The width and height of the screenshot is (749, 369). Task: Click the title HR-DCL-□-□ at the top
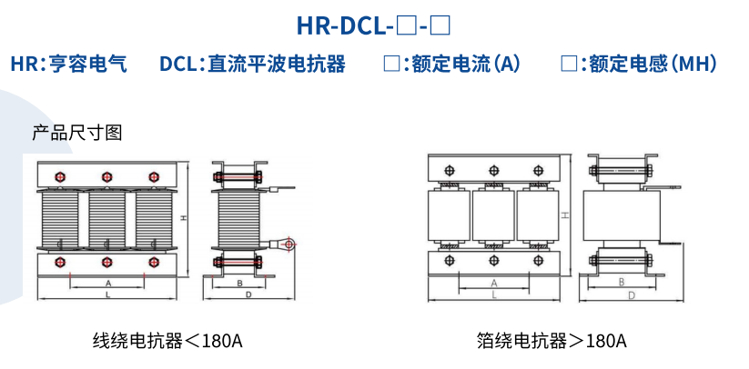point(374,25)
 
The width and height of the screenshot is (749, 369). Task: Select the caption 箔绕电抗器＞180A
point(552,341)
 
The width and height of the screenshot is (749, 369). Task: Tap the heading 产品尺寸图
point(77,133)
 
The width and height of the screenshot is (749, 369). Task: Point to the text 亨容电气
point(90,65)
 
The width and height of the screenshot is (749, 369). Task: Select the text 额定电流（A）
point(466,65)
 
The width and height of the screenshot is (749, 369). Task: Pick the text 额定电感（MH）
point(653,65)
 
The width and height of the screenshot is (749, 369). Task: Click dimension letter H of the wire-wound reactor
point(184,218)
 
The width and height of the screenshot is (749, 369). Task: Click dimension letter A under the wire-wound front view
point(107,284)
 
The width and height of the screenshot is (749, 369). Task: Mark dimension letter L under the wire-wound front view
point(107,296)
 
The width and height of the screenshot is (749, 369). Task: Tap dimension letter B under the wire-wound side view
point(238,284)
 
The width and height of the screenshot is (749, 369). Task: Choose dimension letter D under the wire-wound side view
point(248,296)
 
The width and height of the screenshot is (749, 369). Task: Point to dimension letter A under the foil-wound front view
point(493,283)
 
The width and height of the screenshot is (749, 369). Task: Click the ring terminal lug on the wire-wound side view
point(289,244)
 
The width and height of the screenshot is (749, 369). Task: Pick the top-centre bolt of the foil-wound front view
point(493,169)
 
